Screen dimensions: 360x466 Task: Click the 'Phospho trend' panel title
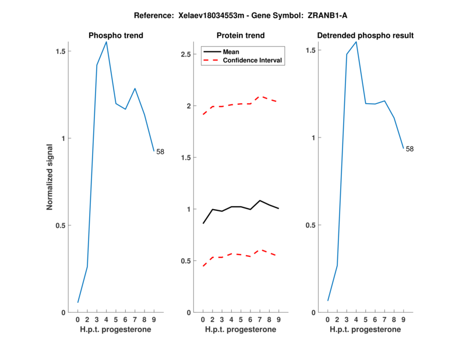[115, 36]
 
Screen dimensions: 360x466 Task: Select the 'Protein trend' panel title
[241, 36]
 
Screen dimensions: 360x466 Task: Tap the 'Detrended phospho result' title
[365, 36]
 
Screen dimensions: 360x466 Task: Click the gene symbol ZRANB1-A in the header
[331, 15]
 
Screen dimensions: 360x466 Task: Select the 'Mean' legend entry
[231, 52]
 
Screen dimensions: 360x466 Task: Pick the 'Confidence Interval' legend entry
[253, 60]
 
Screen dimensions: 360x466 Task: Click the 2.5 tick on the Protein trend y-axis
[186, 54]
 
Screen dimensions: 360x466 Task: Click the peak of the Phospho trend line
[106, 42]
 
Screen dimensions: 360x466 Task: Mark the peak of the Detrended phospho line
[356, 42]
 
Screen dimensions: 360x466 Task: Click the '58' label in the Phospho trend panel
[160, 152]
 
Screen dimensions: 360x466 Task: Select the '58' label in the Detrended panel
[409, 149]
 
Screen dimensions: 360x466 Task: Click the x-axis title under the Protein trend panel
[241, 330]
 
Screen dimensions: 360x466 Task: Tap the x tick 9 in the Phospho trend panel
[154, 320]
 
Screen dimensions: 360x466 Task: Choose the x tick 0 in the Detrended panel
[328, 320]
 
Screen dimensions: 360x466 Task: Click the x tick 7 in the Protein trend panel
[260, 320]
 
